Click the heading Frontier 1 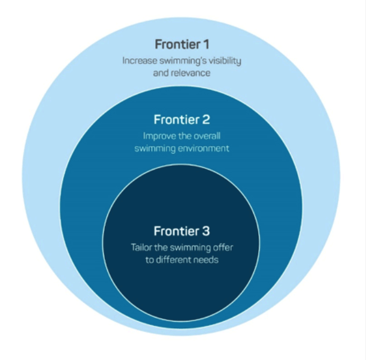[182, 44]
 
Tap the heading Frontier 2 [182, 120]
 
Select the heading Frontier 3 [182, 231]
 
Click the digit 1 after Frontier [206, 44]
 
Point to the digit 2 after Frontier [205, 120]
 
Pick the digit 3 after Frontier [205, 231]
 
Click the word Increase [140, 60]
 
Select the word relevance [190, 73]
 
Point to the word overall [207, 136]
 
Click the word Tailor [141, 247]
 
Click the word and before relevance [161, 73]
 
